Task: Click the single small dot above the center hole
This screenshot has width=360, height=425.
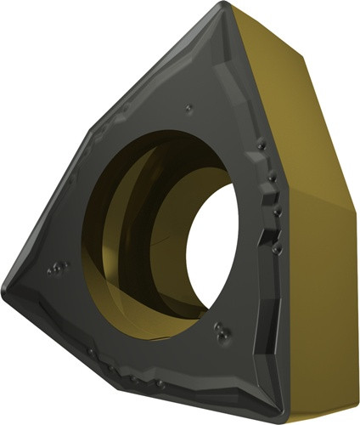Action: pyautogui.click(x=188, y=109)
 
